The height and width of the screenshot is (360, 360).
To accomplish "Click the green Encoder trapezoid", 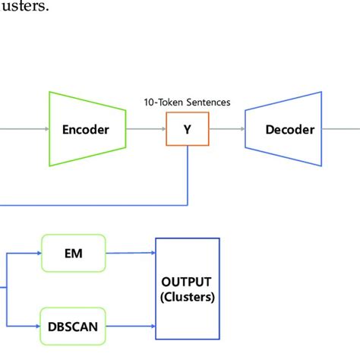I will tap(85, 129).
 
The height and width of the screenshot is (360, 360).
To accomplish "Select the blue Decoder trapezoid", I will tap(289, 129).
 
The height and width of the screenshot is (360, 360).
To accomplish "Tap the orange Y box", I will tap(187, 129).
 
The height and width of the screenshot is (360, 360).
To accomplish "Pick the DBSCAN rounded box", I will tap(73, 327).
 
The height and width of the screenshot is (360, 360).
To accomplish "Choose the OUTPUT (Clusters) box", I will tap(188, 288).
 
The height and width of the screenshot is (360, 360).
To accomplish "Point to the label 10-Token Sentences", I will tap(187, 102).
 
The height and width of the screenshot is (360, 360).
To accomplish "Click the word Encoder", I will tap(85, 129).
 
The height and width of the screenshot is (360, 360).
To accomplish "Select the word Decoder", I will tap(289, 129).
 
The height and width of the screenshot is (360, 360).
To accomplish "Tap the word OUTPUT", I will tap(188, 281).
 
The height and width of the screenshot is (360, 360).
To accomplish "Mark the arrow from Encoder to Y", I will tap(146, 129).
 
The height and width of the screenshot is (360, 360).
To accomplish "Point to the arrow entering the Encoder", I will tap(23, 129).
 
